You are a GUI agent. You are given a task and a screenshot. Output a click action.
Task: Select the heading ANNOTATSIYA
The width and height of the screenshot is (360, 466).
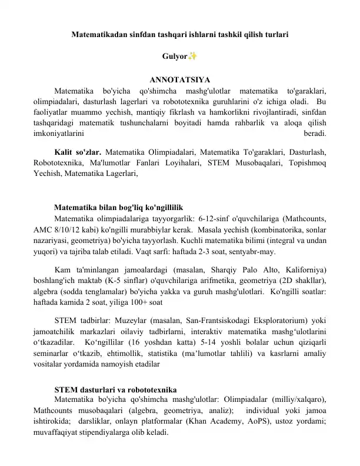(179, 80)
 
